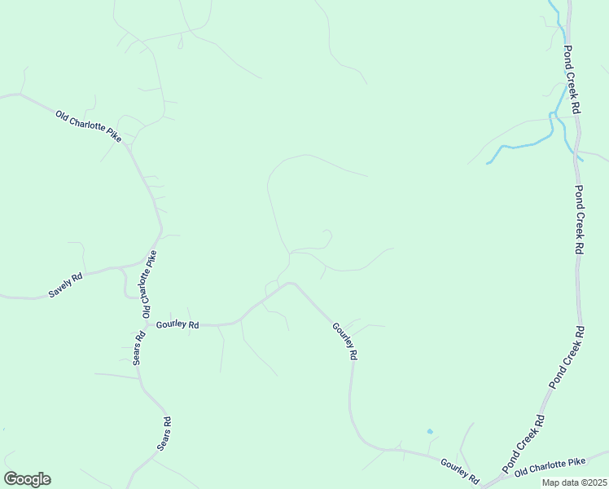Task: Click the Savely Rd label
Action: [x=65, y=284]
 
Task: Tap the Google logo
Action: [x=27, y=479]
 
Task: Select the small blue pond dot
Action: [x=430, y=431]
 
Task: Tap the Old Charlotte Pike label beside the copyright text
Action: [x=550, y=465]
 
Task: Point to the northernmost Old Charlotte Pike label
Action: [x=88, y=126]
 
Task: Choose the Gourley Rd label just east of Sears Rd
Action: [x=177, y=324]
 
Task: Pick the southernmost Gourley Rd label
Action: [x=458, y=469]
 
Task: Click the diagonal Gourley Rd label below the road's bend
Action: [x=345, y=341]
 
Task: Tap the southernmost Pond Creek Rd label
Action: [x=524, y=443]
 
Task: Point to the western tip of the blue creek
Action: [x=488, y=163]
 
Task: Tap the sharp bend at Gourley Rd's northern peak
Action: [x=291, y=284]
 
